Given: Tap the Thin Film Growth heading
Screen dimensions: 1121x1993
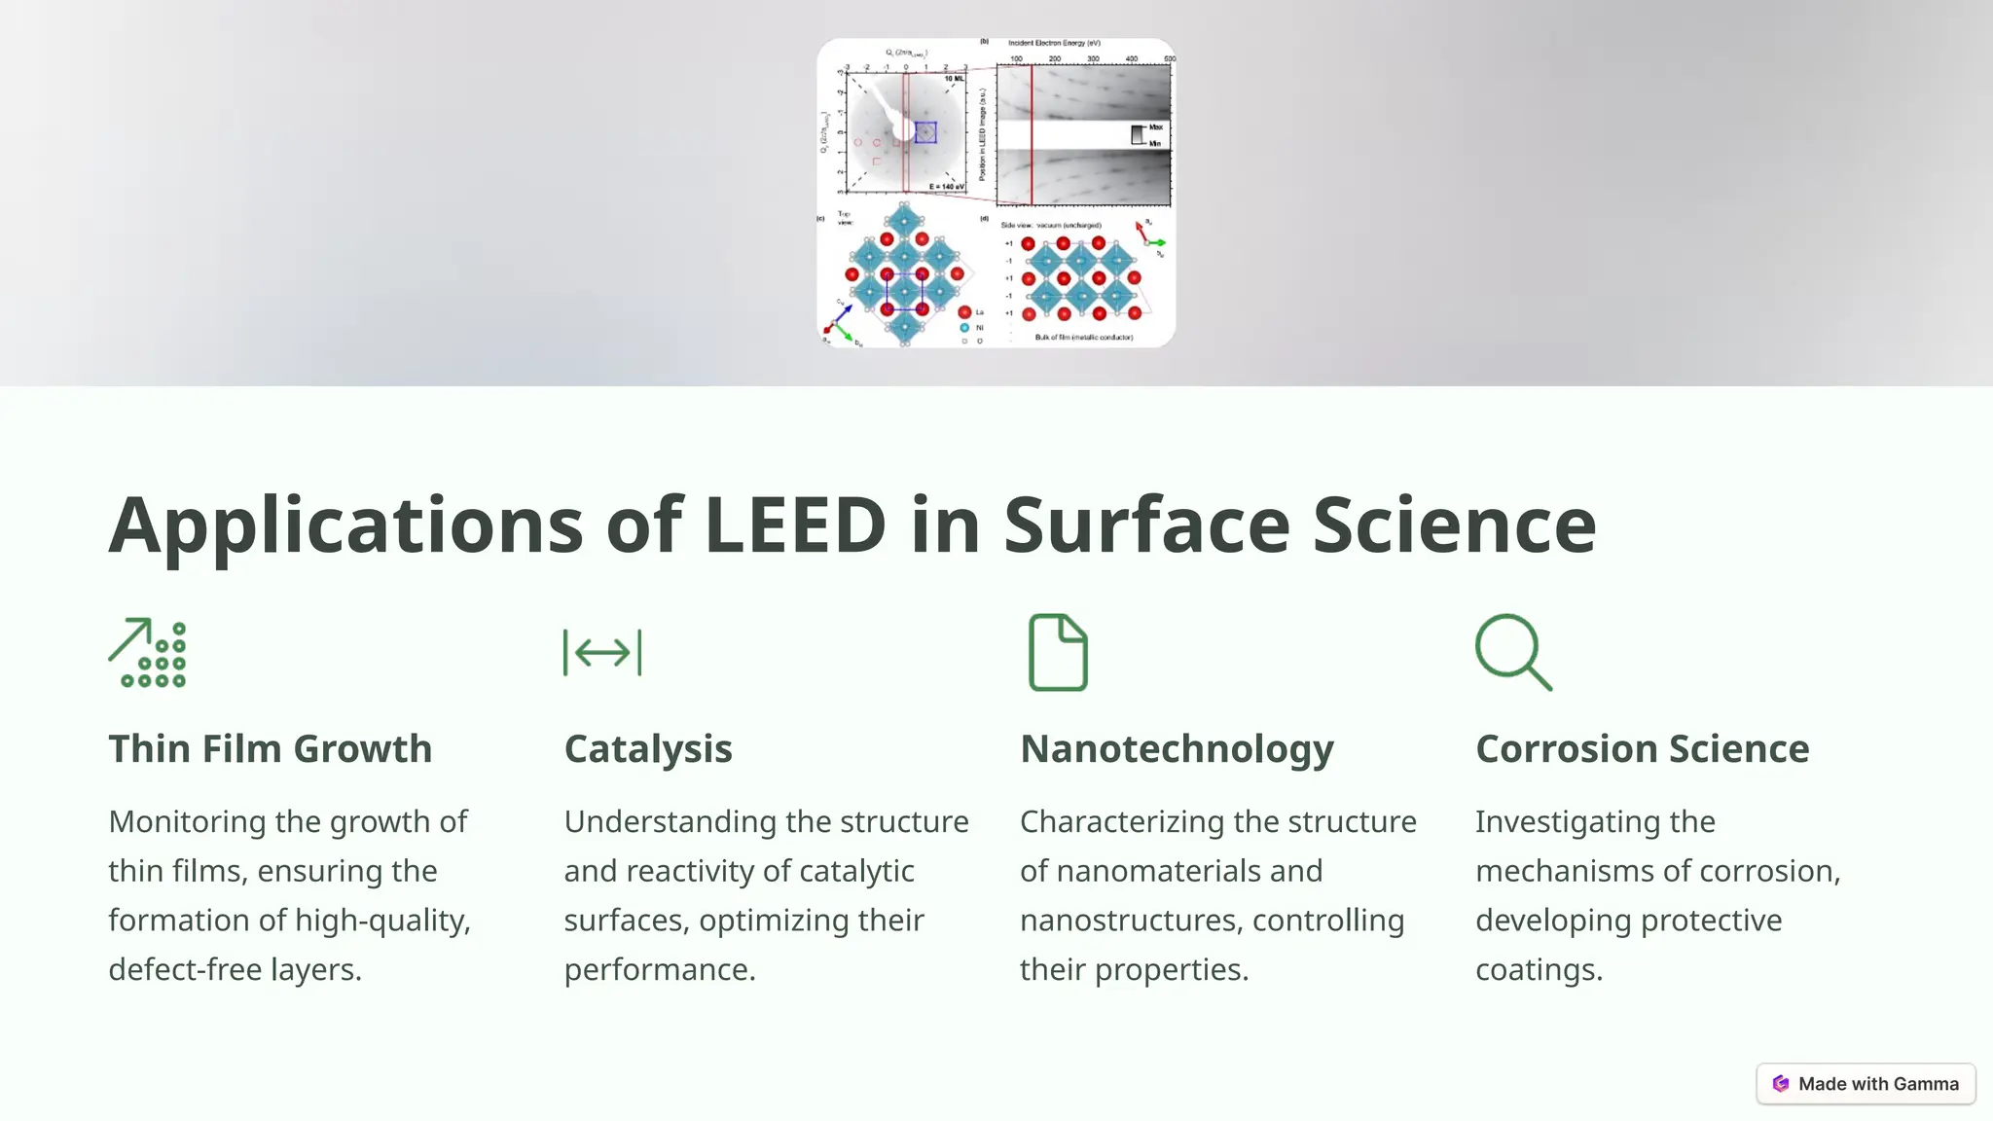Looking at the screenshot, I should point(270,749).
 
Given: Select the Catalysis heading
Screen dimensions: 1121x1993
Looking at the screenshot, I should point(648,749).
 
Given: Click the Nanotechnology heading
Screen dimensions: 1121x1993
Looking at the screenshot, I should point(1177,749).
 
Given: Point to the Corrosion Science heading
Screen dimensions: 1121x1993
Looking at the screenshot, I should point(1642,749).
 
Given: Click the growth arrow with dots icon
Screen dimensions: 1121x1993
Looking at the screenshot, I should point(147,653).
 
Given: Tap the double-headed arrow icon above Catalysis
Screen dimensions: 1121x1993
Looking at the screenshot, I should point(602,652).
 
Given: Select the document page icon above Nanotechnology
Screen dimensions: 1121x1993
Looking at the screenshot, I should point(1058,652).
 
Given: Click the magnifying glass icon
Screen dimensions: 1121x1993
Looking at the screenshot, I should point(1513,652).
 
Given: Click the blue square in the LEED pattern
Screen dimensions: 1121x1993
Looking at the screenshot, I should point(925,132).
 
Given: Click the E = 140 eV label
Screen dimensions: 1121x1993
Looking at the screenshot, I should point(946,186).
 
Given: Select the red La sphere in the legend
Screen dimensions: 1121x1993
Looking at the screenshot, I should point(964,312).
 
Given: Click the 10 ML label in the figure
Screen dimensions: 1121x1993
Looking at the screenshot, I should point(954,78).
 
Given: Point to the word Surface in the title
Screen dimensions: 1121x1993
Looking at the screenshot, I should point(1146,525).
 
